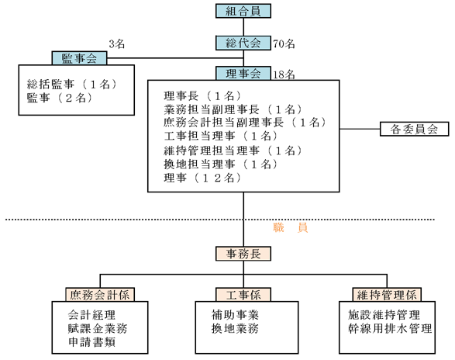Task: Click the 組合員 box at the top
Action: click(x=243, y=11)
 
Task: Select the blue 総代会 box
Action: click(x=243, y=43)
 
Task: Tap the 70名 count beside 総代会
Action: click(x=284, y=44)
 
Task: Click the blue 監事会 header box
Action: click(x=79, y=58)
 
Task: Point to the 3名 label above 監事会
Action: click(x=117, y=44)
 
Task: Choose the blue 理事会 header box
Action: click(x=243, y=73)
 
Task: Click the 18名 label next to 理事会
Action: click(x=284, y=74)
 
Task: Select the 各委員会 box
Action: click(x=415, y=129)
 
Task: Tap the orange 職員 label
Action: click(x=290, y=227)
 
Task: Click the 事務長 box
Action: click(x=243, y=254)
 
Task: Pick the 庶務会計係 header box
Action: click(x=100, y=295)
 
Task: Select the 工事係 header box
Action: click(x=243, y=295)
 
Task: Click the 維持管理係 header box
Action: click(x=387, y=295)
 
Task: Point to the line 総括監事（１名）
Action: click(x=72, y=85)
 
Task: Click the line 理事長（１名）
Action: click(x=202, y=95)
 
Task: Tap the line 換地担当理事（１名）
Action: click(x=221, y=164)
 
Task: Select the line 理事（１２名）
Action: click(x=202, y=178)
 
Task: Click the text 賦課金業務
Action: click(x=98, y=329)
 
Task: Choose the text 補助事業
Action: click(x=235, y=315)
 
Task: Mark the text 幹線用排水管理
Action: click(x=390, y=329)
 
